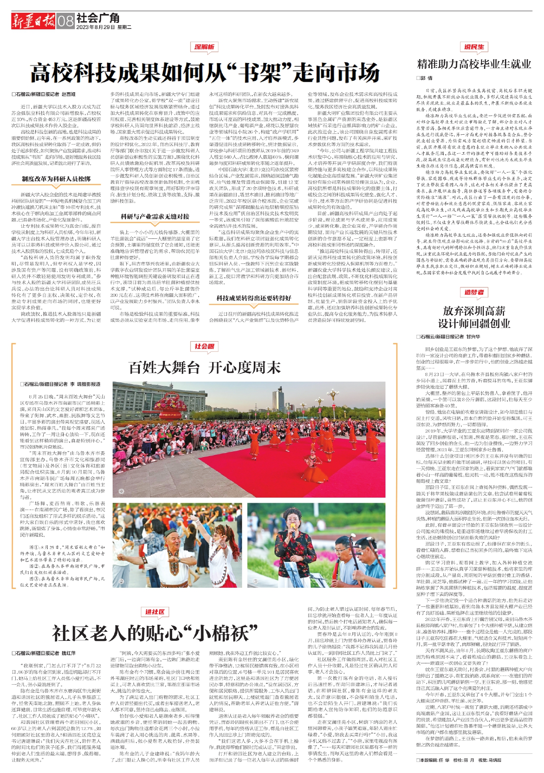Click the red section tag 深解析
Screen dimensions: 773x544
[204, 47]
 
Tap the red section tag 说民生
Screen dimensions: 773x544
[474, 47]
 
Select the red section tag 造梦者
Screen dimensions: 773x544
[474, 292]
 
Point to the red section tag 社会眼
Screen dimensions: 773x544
[204, 346]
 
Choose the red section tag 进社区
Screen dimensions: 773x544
[155, 612]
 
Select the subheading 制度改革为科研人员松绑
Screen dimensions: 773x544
[56, 179]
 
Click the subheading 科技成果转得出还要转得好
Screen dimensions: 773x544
[254, 298]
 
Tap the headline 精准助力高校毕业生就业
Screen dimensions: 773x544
[474, 64]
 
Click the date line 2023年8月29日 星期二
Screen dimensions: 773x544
[104, 27]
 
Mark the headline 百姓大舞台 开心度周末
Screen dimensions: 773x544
[204, 367]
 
